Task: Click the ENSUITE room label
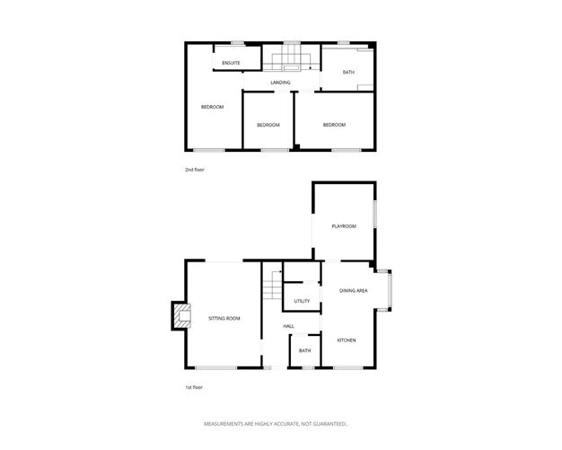pyautogui.click(x=231, y=62)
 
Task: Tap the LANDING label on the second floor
pyautogui.click(x=280, y=83)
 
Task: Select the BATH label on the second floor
pyautogui.click(x=347, y=72)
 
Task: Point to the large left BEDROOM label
pyautogui.click(x=212, y=107)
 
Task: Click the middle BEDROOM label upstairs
pyautogui.click(x=268, y=125)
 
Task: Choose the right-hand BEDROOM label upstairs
pyautogui.click(x=334, y=125)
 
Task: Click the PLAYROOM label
pyautogui.click(x=343, y=226)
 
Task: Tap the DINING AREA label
pyautogui.click(x=354, y=290)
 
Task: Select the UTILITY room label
pyautogui.click(x=302, y=301)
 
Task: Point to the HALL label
pyautogui.click(x=289, y=326)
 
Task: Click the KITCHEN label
pyautogui.click(x=347, y=340)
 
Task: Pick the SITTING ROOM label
pyautogui.click(x=224, y=319)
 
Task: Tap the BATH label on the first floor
pyautogui.click(x=304, y=351)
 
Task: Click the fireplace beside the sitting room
pyautogui.click(x=181, y=316)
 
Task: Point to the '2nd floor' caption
pyautogui.click(x=195, y=170)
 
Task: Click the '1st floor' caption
pyautogui.click(x=195, y=387)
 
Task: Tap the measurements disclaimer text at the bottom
pyautogui.click(x=276, y=423)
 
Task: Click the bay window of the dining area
pyautogui.click(x=386, y=290)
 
